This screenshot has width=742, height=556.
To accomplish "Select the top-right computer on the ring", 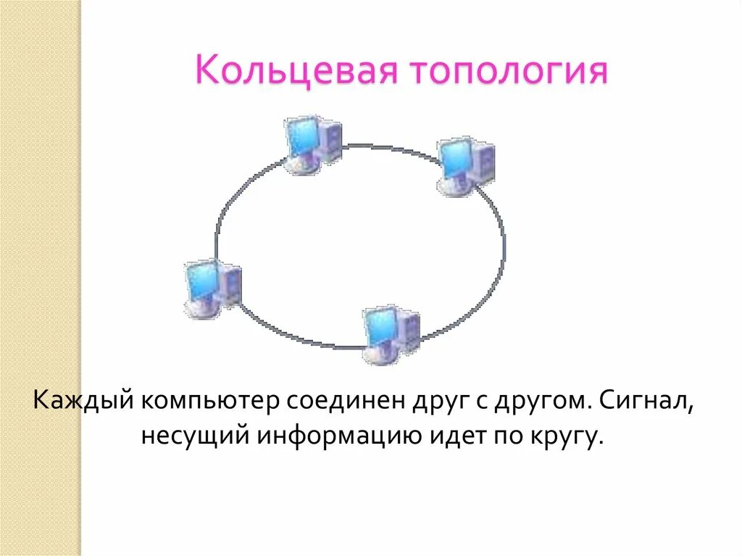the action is tap(466, 165).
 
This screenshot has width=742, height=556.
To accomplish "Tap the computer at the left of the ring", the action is tap(212, 288).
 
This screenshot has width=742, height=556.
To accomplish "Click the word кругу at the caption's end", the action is tap(572, 437).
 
